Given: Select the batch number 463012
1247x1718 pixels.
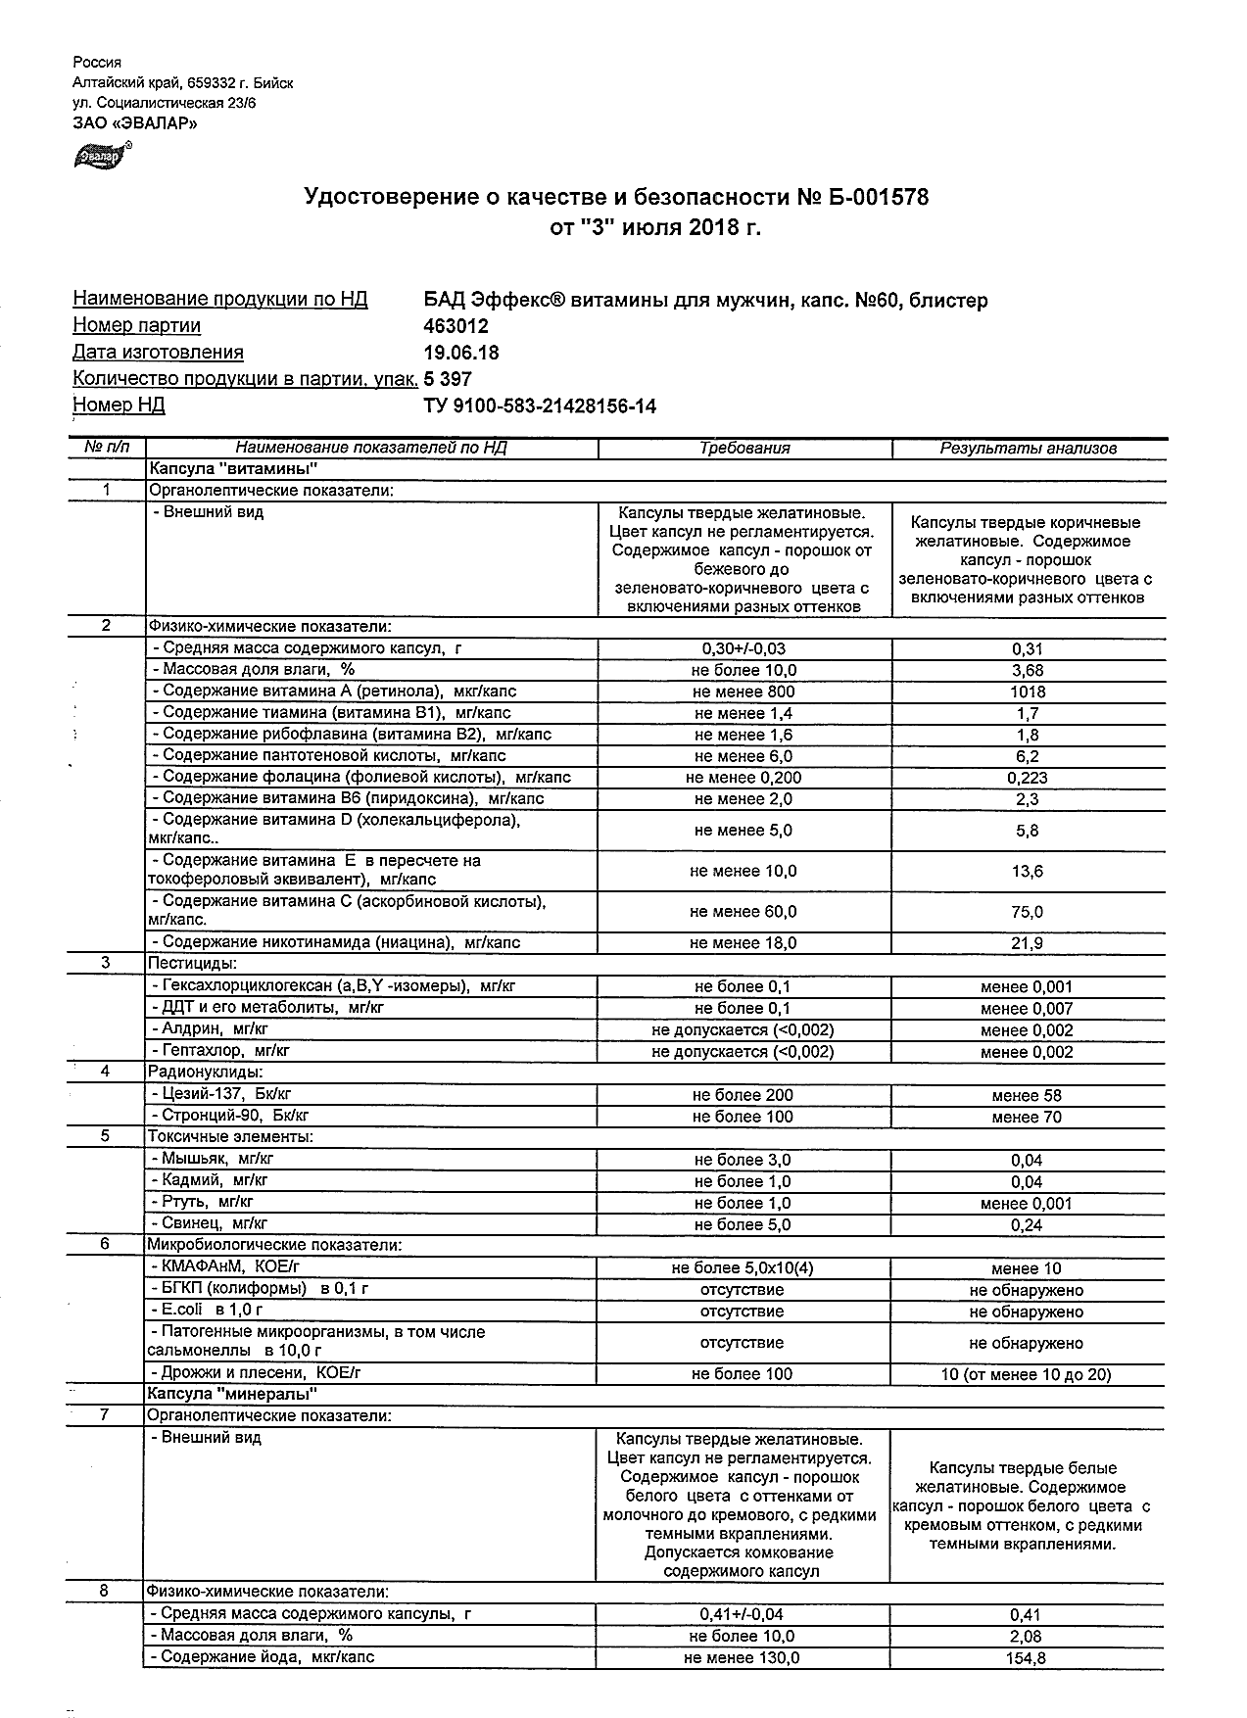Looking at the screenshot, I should click(x=456, y=326).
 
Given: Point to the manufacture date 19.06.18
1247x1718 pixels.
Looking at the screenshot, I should click(x=460, y=353).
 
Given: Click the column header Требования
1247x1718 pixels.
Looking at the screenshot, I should click(x=744, y=449).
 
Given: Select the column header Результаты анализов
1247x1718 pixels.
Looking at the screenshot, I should click(x=1028, y=449).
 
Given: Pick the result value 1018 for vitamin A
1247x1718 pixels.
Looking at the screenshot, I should click(x=1027, y=692).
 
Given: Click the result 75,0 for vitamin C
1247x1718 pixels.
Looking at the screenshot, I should click(x=1027, y=912).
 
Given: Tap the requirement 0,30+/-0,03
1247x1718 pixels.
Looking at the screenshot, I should click(x=743, y=648).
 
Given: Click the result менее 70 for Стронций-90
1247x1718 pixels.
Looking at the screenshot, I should click(x=1026, y=1118).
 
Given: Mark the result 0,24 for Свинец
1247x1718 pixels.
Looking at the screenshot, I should click(x=1027, y=1225).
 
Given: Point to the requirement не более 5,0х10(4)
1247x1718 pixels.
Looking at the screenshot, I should click(x=742, y=1268).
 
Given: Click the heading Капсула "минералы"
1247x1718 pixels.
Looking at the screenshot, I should click(x=233, y=1394).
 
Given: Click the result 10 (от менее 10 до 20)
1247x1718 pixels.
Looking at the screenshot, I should click(x=1026, y=1375).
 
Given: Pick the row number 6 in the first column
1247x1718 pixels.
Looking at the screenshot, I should click(x=105, y=1245).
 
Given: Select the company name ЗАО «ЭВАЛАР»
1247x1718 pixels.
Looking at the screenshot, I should click(x=135, y=123).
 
